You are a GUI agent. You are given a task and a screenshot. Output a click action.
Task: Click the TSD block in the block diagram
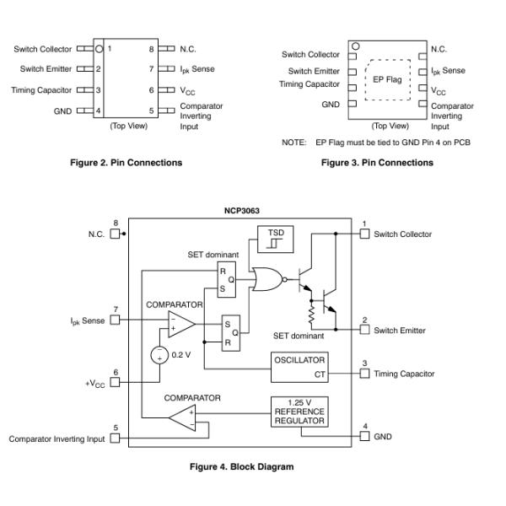(x=277, y=239)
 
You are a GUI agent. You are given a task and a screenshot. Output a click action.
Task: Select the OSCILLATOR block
(x=299, y=366)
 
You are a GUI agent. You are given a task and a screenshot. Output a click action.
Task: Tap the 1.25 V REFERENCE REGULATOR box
(x=298, y=412)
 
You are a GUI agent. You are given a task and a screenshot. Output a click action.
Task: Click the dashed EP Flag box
(x=388, y=80)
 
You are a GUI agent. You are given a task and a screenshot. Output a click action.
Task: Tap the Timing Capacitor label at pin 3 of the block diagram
(x=404, y=374)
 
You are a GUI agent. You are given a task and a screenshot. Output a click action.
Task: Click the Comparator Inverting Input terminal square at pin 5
(x=116, y=439)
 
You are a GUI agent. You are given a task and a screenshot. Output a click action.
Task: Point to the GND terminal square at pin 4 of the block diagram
(x=364, y=436)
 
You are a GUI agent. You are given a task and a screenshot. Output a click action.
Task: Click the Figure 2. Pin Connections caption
(x=125, y=163)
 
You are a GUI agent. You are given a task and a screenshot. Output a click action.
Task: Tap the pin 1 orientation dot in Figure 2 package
(x=99, y=49)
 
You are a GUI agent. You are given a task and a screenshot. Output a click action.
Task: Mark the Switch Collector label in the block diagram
(x=402, y=234)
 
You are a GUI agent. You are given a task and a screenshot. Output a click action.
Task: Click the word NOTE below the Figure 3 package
(x=293, y=142)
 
